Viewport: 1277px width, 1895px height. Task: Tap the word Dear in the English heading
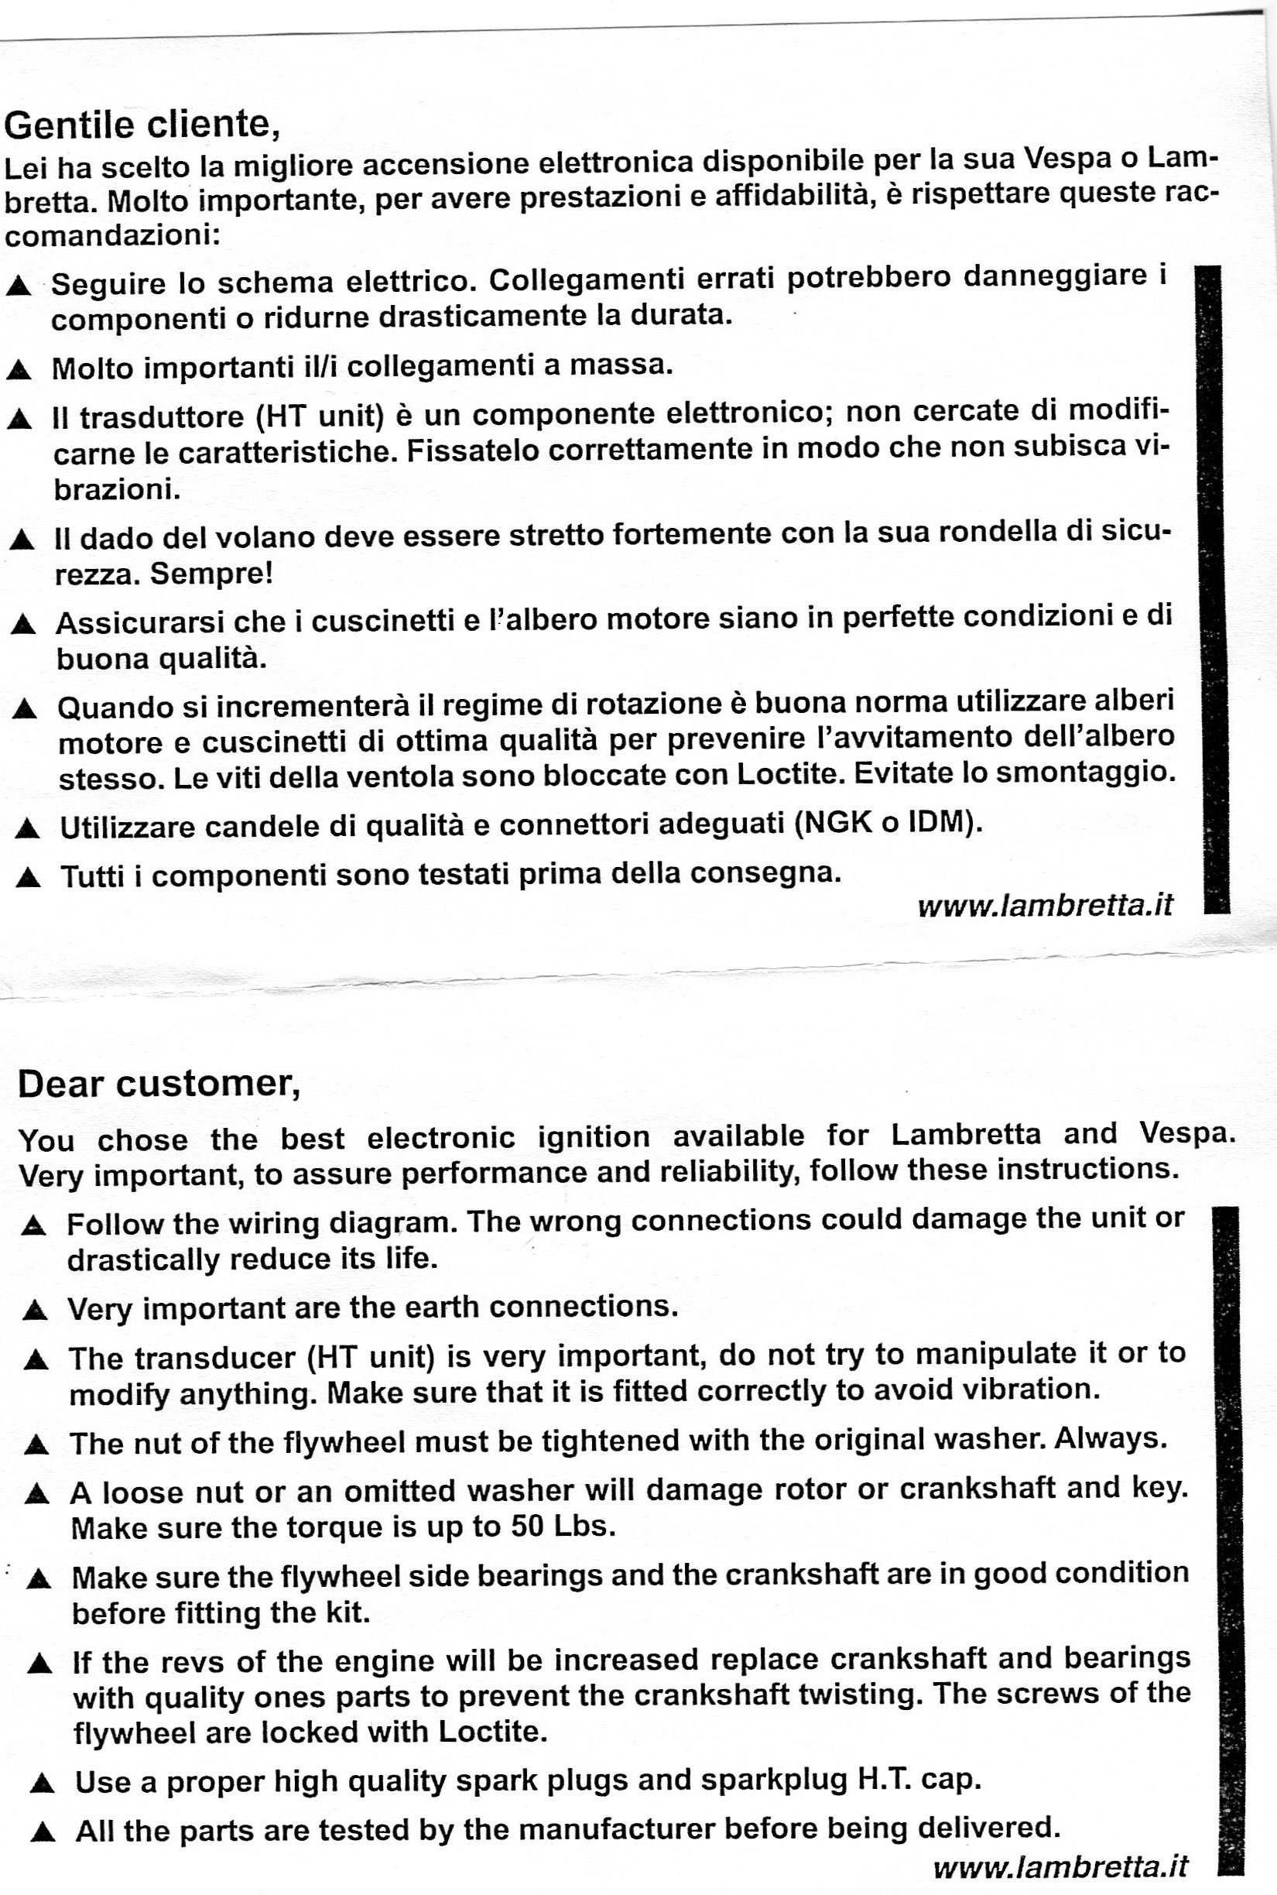point(60,1084)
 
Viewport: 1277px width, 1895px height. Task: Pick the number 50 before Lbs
point(528,1524)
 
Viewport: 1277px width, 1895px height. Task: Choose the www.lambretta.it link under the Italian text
point(1045,906)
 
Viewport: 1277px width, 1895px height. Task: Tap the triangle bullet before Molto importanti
point(19,371)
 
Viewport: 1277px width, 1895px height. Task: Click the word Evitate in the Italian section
point(904,773)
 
